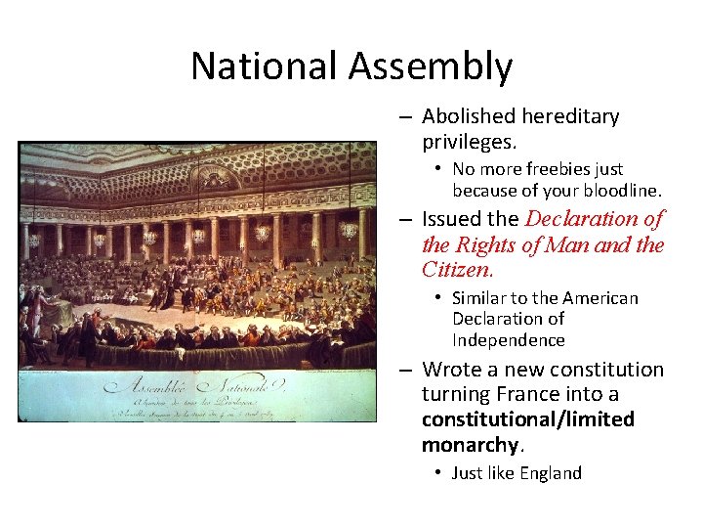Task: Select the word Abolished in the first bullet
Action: tap(468, 116)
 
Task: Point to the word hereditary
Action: tap(570, 116)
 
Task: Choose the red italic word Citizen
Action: tap(458, 269)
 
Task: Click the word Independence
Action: tap(509, 340)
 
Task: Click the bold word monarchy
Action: tap(470, 445)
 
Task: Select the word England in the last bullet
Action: tap(550, 473)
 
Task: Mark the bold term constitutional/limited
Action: tap(528, 419)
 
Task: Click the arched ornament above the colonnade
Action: tap(215, 179)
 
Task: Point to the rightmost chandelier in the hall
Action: tap(349, 231)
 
